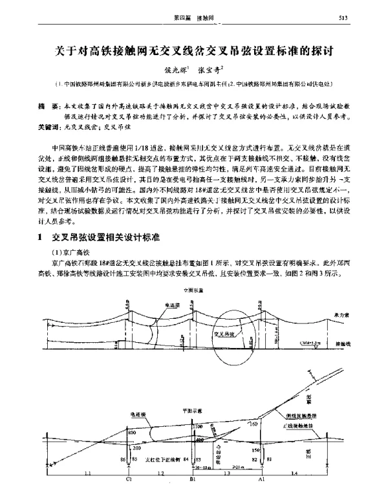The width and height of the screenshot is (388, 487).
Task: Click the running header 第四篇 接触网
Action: coord(194,17)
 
